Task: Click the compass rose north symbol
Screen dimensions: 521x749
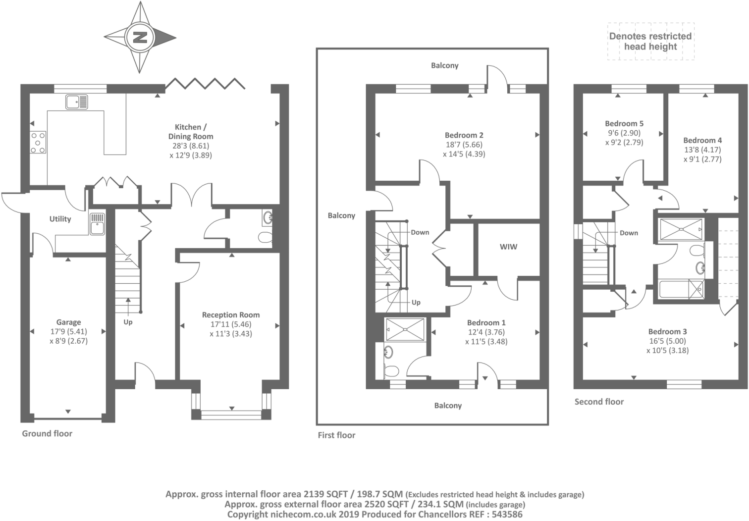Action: pos(140,37)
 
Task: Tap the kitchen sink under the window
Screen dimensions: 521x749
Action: pos(76,102)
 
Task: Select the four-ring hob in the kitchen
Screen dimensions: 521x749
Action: pos(38,143)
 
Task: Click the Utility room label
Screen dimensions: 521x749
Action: pos(60,219)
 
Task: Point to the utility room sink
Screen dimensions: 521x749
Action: pos(97,224)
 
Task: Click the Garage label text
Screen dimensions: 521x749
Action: pos(68,322)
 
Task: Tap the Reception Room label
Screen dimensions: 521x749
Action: pos(230,315)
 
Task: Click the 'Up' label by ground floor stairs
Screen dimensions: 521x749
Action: pos(128,322)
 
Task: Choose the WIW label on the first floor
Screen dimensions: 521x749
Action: pos(508,247)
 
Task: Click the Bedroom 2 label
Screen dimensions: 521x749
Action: pos(464,135)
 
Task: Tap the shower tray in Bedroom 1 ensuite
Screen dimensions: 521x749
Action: pos(405,330)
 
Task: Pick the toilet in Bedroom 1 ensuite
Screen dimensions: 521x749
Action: pos(391,370)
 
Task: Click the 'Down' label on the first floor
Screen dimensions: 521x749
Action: pos(420,232)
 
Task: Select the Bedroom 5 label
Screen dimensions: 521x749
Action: pos(624,124)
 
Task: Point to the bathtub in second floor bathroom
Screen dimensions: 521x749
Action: pos(681,289)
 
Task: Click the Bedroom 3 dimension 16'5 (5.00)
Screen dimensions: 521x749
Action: pos(667,341)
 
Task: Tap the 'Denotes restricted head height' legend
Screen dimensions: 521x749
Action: pos(650,42)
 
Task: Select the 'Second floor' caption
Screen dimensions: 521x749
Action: pos(599,402)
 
